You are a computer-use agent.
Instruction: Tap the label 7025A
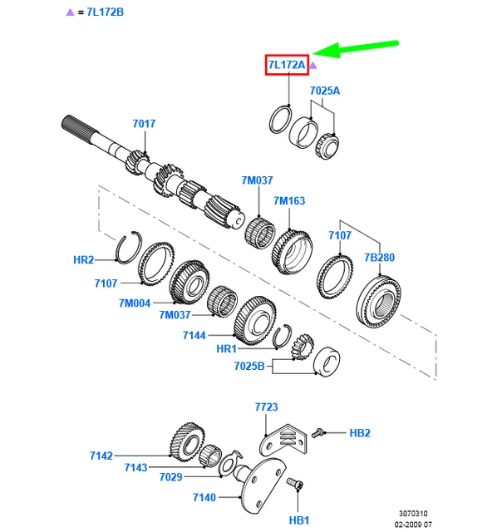click(x=325, y=90)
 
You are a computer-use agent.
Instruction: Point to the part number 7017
click(x=144, y=125)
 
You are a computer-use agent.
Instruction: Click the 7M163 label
click(x=290, y=200)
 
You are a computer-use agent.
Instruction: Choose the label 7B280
click(x=380, y=257)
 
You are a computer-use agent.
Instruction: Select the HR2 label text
click(x=84, y=260)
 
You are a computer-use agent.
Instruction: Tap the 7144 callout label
click(x=194, y=336)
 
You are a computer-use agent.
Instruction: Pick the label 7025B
click(x=249, y=367)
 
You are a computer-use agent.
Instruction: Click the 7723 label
click(x=266, y=407)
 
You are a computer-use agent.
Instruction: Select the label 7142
click(x=102, y=456)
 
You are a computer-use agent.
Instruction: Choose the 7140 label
click(x=204, y=497)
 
